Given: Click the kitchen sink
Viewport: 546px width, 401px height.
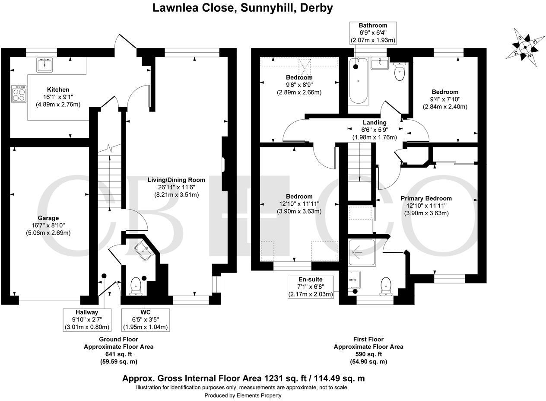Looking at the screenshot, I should tap(44, 66).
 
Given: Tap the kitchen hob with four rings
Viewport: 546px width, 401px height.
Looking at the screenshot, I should tap(18, 93).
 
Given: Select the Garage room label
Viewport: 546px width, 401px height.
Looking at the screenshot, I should tap(48, 218).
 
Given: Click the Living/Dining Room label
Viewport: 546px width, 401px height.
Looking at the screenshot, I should tap(176, 180).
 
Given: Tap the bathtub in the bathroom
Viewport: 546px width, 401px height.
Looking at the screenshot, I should tap(359, 82).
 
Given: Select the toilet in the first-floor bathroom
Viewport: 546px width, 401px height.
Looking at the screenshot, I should tap(400, 72).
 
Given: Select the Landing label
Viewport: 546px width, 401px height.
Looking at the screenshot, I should tap(374, 122).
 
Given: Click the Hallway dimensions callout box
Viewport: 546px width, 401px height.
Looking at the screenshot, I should tap(87, 319).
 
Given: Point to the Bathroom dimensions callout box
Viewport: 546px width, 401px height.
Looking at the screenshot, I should tap(373, 33).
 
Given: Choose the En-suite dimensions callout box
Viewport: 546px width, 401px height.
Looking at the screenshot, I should tap(310, 287).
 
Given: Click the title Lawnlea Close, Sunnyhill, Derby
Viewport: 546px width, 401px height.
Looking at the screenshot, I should tap(243, 8).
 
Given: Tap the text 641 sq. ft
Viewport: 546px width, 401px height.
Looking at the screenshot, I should tap(118, 354).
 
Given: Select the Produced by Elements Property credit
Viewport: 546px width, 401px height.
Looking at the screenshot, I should tap(242, 395).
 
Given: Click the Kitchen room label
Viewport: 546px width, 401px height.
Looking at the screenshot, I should tap(58, 89).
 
